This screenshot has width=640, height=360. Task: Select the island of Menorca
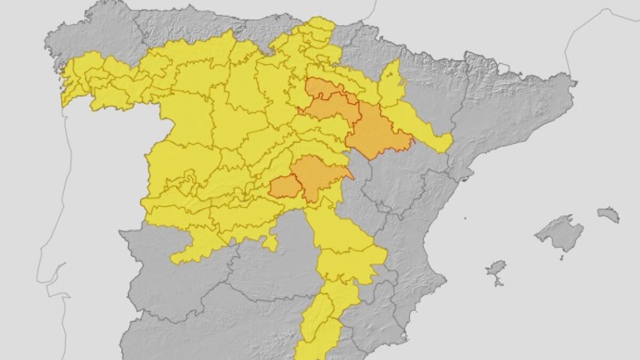coord(609,214)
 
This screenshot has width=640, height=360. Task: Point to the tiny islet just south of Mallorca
coord(561,258)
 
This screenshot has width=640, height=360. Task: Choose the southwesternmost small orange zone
coord(284,187)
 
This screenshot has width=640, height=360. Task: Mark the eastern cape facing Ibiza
coord(443,277)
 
